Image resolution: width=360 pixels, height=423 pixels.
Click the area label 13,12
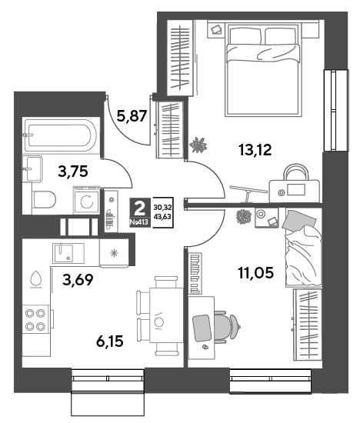255,150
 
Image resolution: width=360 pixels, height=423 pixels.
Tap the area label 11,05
255,272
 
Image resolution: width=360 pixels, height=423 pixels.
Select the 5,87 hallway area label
132,115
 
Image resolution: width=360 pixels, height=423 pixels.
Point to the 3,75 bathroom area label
73,172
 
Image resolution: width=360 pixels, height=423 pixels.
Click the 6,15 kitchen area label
110,341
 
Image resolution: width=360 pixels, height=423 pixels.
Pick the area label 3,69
78,280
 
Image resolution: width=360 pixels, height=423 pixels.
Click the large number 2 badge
139,208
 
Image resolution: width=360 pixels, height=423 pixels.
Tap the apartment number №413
139,222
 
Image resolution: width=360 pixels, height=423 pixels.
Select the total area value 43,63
163,216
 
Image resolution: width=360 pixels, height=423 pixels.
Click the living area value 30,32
163,208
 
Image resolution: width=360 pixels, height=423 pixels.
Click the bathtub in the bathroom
61,135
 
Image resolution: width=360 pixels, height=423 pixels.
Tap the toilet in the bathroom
43,200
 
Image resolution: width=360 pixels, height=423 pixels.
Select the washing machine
87,200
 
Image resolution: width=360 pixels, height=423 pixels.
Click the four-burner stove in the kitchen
36,319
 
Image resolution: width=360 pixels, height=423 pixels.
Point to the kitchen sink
68,253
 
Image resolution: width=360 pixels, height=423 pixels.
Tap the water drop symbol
35,278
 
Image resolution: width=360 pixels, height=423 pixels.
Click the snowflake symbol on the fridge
114,253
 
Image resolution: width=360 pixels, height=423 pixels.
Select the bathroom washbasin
32,169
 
